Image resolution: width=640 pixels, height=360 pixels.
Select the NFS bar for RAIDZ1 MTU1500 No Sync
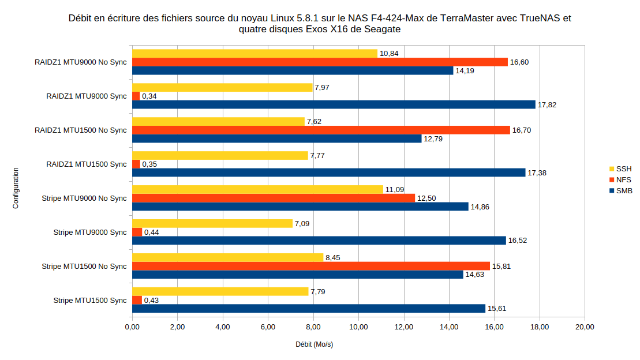click(321, 130)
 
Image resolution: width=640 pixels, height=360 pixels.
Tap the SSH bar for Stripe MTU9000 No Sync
click(257, 190)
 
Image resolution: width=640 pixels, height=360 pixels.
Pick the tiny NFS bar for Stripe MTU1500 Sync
click(137, 300)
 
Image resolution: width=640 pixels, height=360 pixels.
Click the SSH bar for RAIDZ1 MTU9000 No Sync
click(254, 54)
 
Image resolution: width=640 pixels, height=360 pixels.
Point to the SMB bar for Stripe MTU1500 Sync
click(309, 309)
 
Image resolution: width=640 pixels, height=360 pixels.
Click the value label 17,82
click(547, 105)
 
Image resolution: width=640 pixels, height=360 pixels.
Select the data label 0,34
click(149, 96)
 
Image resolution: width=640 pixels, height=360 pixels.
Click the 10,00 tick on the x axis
click(358, 327)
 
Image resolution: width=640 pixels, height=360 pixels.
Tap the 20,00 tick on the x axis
click(585, 327)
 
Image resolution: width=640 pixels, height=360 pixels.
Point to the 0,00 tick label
click(132, 327)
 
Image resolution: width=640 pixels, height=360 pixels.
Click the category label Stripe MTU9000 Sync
click(89, 232)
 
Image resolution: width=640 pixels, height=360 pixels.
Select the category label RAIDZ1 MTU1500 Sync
click(86, 164)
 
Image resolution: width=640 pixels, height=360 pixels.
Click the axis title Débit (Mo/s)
click(315, 345)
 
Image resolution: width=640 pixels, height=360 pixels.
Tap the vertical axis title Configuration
click(16, 188)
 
